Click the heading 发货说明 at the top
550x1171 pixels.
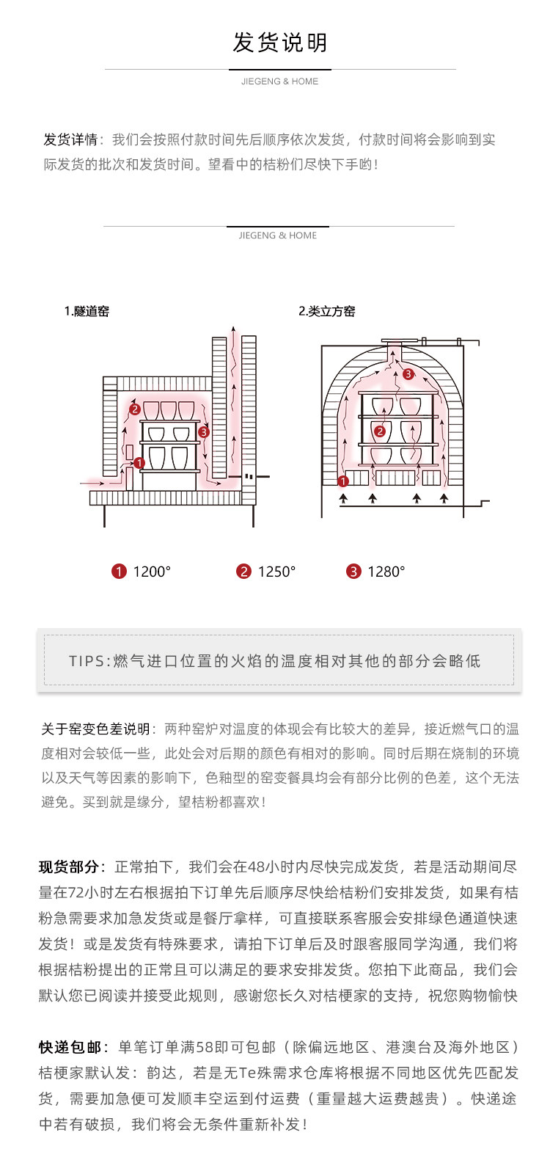(x=279, y=43)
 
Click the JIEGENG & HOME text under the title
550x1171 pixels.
(x=279, y=81)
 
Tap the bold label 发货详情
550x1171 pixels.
(x=70, y=139)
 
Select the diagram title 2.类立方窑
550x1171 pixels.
(x=326, y=311)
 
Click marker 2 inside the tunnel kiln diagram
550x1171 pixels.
(x=134, y=409)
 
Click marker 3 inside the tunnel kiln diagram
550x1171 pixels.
(x=203, y=432)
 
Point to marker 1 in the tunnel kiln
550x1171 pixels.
(x=139, y=463)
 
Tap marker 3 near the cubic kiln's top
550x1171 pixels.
(x=408, y=374)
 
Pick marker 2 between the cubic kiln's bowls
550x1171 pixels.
(x=379, y=431)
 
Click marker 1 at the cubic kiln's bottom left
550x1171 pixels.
(x=342, y=481)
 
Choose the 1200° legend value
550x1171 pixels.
(x=152, y=572)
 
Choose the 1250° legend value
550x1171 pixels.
(x=276, y=572)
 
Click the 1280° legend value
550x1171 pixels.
(x=386, y=572)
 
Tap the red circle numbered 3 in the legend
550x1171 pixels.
(x=354, y=572)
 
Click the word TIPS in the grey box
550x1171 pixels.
(x=87, y=661)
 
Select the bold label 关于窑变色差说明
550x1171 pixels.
(x=95, y=729)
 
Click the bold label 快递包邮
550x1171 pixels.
(x=70, y=1047)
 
